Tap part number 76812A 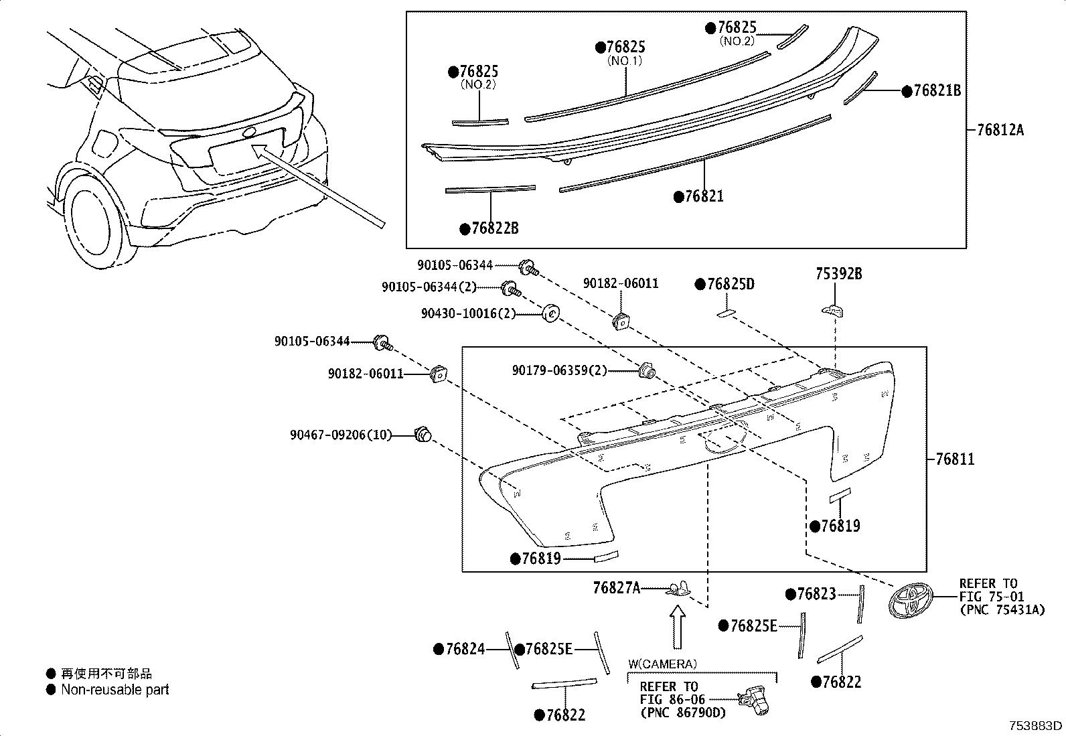[995, 130]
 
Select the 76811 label [954, 459]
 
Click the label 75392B [838, 274]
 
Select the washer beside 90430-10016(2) [550, 312]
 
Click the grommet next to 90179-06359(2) [647, 369]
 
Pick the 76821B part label [936, 91]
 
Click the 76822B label [494, 228]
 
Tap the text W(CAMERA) [662, 664]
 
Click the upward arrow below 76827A [678, 626]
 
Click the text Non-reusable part [115, 689]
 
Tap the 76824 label [464, 648]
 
